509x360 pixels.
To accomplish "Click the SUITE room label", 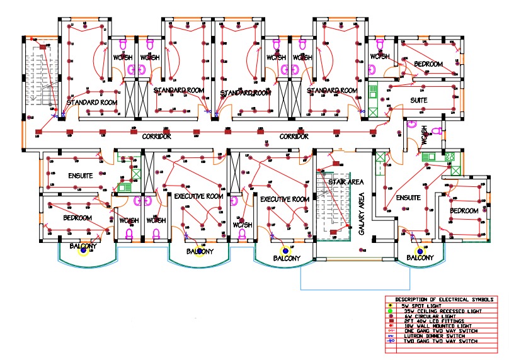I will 418,100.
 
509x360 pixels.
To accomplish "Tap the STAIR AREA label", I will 346,181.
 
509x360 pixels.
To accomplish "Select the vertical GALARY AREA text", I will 362,214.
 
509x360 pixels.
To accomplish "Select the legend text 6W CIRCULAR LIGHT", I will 428,317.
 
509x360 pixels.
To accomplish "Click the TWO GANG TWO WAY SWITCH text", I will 435,341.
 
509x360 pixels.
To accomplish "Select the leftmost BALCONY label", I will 83,245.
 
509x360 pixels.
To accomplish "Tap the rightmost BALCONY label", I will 420,257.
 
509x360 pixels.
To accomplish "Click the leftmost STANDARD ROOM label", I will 92,102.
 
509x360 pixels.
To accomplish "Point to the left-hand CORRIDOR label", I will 157,137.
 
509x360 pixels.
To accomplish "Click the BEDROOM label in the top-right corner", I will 428,64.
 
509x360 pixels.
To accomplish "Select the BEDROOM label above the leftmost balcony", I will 77,218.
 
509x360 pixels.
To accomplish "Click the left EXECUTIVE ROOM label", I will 199,196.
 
